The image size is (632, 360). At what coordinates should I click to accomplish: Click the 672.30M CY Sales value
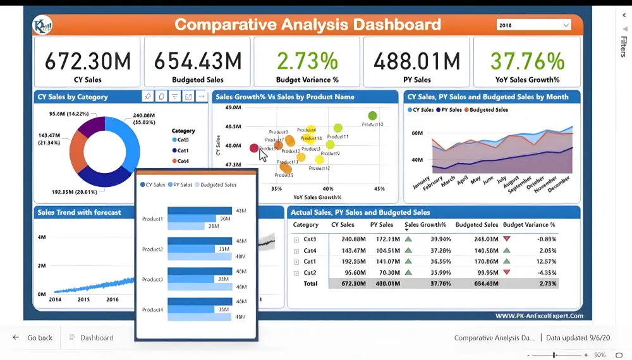[x=88, y=61]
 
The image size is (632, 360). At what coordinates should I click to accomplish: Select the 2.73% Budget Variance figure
[x=307, y=61]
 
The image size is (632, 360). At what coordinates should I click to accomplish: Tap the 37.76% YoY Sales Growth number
[x=527, y=61]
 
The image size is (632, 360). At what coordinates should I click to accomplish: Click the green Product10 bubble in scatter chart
[x=372, y=116]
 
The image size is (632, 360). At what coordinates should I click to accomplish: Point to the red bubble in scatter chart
[x=254, y=148]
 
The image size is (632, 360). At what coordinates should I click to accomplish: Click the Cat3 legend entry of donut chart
[x=183, y=140]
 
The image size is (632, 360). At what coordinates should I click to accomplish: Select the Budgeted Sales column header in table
[x=477, y=225]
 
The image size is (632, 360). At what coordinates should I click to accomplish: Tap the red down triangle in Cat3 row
[x=506, y=239]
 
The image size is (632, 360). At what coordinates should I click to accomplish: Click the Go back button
[x=33, y=338]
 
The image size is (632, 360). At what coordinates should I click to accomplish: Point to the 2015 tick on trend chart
[x=83, y=300]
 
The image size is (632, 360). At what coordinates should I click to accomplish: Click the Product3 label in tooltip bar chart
[x=152, y=279]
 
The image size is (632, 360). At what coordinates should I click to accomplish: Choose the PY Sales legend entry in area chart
[x=448, y=110]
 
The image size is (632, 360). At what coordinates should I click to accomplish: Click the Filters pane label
[x=623, y=46]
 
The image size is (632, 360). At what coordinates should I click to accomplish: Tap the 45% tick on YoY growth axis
[x=379, y=189]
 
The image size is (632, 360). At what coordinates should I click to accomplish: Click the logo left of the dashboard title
[x=42, y=25]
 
